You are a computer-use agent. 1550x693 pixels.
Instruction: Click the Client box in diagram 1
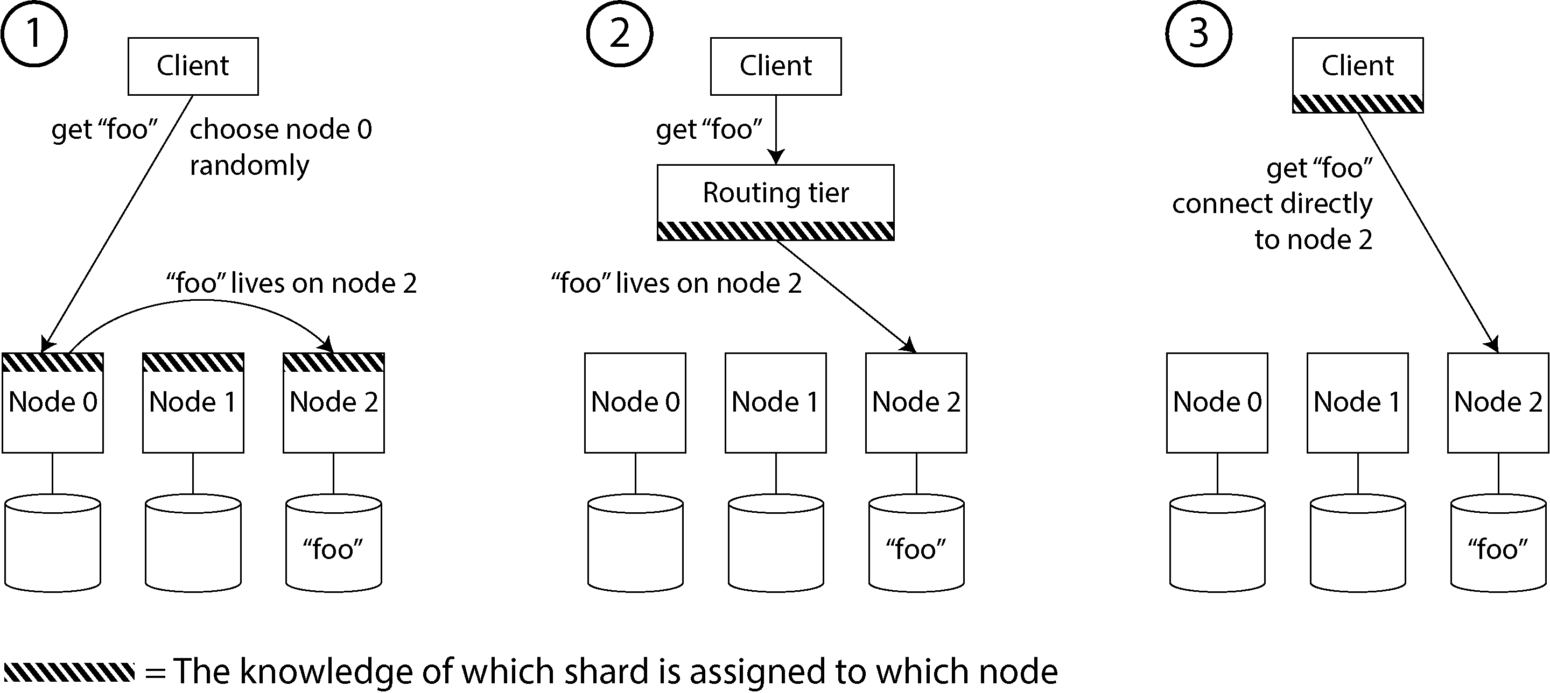193,66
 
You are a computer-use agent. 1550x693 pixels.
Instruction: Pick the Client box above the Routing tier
776,66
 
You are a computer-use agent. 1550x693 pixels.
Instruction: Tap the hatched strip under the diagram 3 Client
1358,103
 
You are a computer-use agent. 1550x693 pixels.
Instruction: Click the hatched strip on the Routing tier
776,231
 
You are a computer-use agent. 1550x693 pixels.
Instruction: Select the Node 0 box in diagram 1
53,402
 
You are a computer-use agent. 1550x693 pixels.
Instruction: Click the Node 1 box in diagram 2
776,402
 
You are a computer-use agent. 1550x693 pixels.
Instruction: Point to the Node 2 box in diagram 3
1498,402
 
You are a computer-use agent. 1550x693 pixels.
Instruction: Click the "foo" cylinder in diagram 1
333,543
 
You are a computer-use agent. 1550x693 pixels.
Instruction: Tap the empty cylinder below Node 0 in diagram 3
1217,543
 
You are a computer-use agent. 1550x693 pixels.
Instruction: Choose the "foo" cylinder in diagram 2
916,543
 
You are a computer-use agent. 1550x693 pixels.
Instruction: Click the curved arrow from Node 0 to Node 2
201,300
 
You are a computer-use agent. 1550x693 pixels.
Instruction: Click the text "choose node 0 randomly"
280,147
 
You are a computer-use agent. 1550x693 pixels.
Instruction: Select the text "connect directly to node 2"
1273,221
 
